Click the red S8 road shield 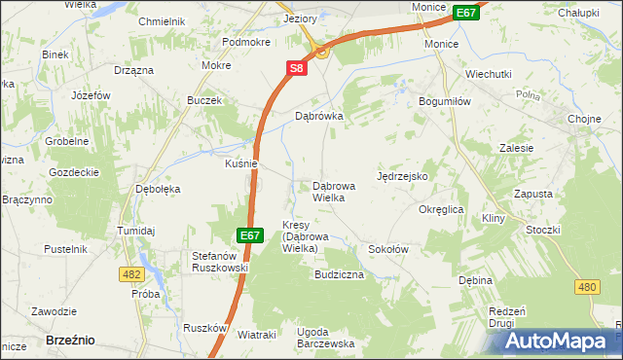[x=297, y=68]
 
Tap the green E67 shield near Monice [x=466, y=13]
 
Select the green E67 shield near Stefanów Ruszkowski [x=250, y=235]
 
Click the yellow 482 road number [x=132, y=275]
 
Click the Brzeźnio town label [x=70, y=340]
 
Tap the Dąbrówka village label [x=320, y=115]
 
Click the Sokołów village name [x=387, y=249]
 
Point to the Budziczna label [x=339, y=275]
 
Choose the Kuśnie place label [x=240, y=163]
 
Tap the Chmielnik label [x=162, y=20]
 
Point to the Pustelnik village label [x=66, y=249]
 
